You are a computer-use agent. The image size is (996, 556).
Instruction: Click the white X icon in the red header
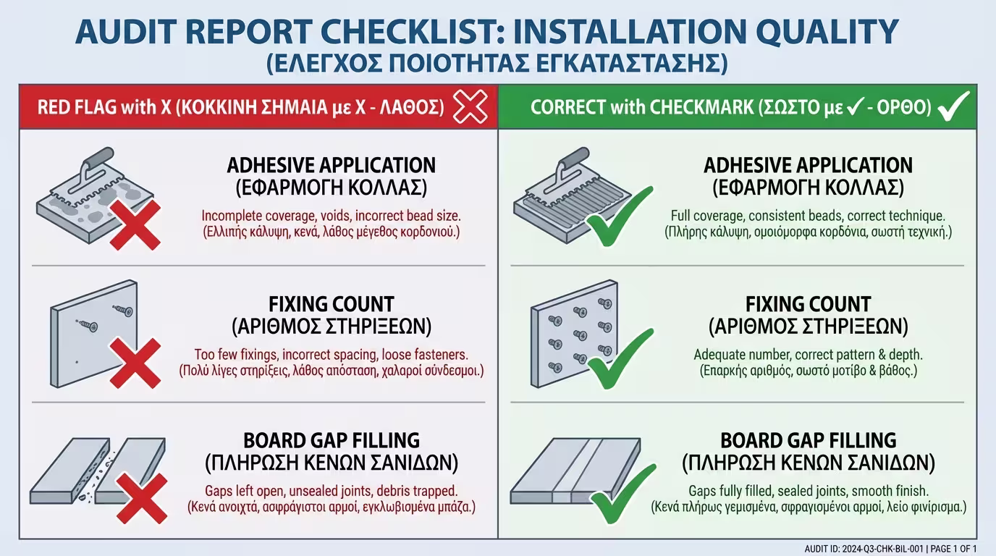pos(470,108)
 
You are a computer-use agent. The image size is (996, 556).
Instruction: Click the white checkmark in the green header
pos(953,106)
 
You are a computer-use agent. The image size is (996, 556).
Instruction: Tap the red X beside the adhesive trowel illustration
pos(135,225)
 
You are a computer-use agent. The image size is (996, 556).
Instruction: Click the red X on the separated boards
pos(142,498)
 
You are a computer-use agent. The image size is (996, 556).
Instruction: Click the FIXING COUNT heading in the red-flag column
pos(331,303)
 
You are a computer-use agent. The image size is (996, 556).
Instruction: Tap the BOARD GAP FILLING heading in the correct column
pos(808,440)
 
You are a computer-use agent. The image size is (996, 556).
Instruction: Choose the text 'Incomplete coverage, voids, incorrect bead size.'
pos(331,216)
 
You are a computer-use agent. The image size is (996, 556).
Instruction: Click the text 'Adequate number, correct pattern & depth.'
pos(808,355)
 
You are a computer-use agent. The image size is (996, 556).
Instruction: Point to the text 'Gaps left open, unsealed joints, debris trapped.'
pos(331,490)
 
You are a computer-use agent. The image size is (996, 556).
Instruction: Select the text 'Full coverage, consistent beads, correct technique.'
pos(808,216)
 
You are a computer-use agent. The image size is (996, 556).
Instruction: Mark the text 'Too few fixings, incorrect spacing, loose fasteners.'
pos(331,355)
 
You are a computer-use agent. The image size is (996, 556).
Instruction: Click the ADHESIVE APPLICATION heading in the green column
pos(808,165)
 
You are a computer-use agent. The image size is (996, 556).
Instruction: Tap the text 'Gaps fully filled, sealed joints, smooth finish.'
pos(808,490)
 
